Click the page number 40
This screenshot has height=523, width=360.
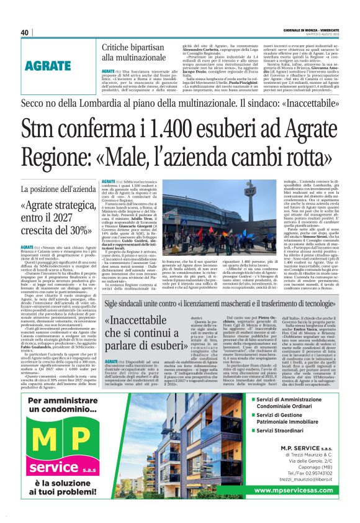click(25, 32)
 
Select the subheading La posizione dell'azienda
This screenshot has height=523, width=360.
click(56, 189)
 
